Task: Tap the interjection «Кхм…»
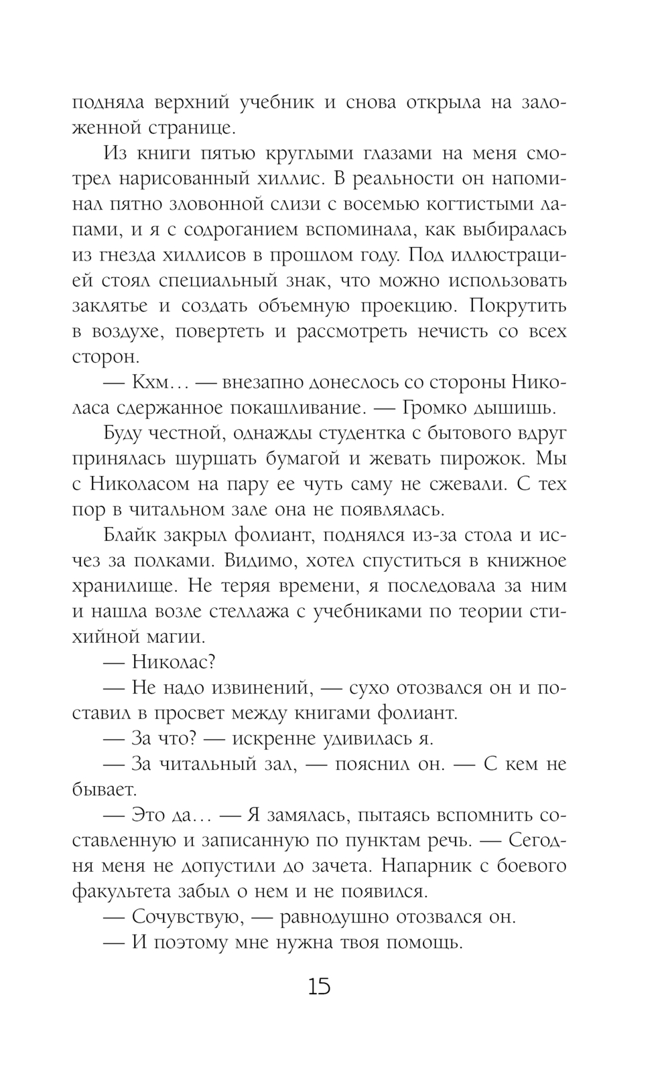point(161,382)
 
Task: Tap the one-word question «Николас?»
point(172,662)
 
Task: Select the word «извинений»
point(252,688)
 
